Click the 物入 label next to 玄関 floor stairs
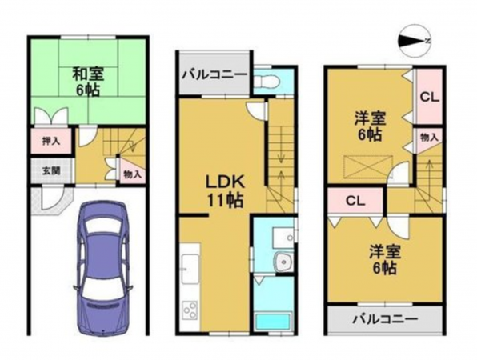(x=132, y=173)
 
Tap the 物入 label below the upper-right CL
(x=428, y=138)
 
